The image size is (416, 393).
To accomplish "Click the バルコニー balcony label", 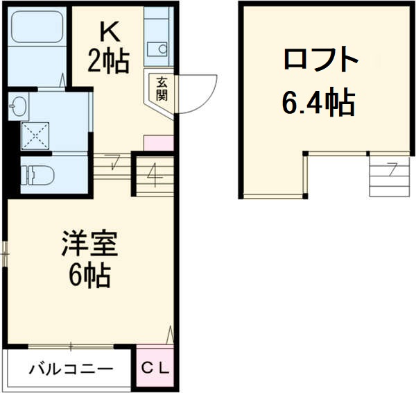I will click(70, 369).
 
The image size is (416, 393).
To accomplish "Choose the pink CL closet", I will click(156, 369).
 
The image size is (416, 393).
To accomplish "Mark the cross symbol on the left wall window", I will click(6, 253).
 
